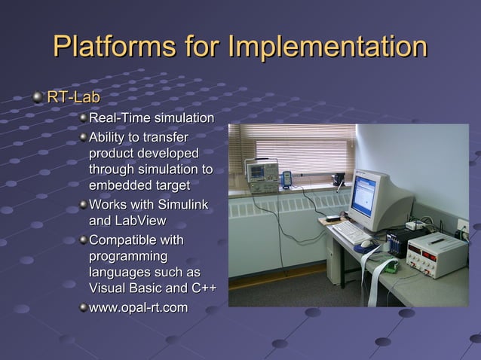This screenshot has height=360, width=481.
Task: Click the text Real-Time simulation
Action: pyautogui.click(x=151, y=118)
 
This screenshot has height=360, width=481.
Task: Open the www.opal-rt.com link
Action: pyautogui.click(x=138, y=307)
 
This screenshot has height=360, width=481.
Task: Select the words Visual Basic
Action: pyautogui.click(x=125, y=288)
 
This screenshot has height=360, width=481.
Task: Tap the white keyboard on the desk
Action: pyautogui.click(x=352, y=232)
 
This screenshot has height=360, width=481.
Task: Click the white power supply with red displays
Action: pyautogui.click(x=434, y=255)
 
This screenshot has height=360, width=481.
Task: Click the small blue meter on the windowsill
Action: pyautogui.click(x=287, y=178)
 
